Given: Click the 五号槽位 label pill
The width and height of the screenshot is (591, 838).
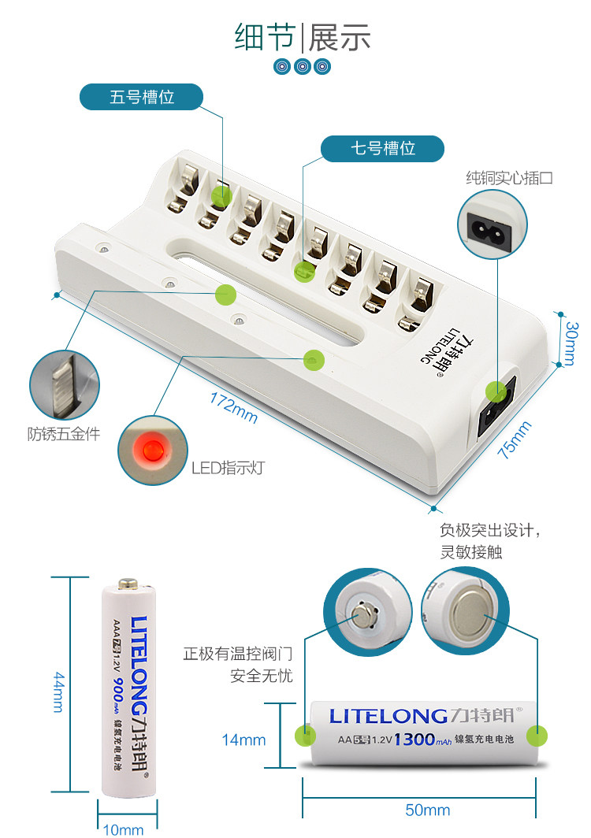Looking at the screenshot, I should (142, 98).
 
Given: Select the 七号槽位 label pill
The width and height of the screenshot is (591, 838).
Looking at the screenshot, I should (383, 148).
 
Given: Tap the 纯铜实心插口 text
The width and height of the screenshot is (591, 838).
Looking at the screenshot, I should (508, 178).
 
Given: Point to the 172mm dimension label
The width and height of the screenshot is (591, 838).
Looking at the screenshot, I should (233, 406).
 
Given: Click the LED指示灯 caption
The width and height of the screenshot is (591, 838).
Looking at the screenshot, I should (228, 468).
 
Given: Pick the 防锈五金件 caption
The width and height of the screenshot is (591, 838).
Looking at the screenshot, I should (64, 433).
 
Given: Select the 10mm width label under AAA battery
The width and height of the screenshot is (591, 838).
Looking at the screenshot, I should (124, 829).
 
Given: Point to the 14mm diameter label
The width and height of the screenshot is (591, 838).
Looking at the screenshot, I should (243, 740).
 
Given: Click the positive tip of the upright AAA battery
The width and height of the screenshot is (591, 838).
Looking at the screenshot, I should (128, 585).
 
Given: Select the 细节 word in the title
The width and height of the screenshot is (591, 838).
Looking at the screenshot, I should (262, 37).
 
